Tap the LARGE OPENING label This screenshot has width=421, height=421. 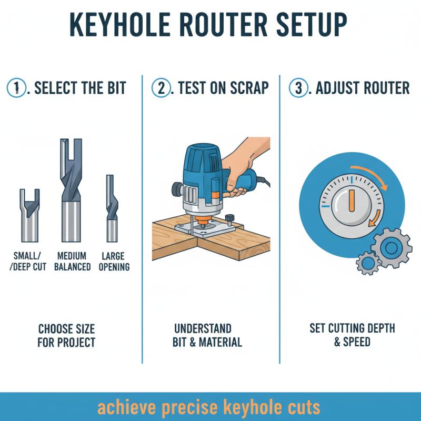tap(113, 262)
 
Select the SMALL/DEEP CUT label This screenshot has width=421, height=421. tap(29, 262)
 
